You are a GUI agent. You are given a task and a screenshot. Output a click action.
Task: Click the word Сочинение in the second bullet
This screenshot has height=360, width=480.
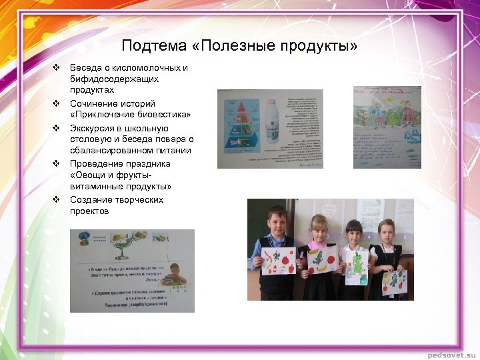95,104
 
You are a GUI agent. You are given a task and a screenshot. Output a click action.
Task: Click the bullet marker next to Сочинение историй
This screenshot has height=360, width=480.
57,104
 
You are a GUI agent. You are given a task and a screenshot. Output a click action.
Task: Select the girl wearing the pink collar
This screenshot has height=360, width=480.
319,247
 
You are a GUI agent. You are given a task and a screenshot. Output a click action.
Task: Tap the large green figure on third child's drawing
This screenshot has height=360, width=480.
359,262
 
